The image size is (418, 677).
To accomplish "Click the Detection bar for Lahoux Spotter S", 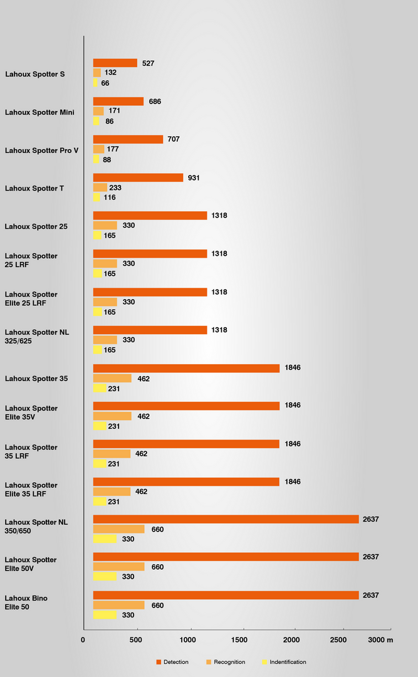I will pyautogui.click(x=115, y=63).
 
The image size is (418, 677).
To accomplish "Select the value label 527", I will pyautogui.click(x=148, y=63).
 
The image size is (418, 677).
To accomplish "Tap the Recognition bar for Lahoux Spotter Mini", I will pyautogui.click(x=98, y=111).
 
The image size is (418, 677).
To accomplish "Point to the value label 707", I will pyautogui.click(x=174, y=139).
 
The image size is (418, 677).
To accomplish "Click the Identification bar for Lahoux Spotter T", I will pyautogui.click(x=97, y=197).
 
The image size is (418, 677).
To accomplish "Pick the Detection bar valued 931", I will pyautogui.click(x=138, y=178).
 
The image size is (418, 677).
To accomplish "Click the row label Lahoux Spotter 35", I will pyautogui.click(x=36, y=379).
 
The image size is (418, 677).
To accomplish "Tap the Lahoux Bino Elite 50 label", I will pyautogui.click(x=26, y=602).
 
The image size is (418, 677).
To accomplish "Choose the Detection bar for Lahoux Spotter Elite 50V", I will pyautogui.click(x=226, y=557).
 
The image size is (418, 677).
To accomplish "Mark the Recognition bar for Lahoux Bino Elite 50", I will pyautogui.click(x=119, y=605).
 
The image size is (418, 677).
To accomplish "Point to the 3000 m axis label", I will pyautogui.click(x=380, y=639).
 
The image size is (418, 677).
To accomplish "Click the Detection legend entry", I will pyautogui.click(x=172, y=662).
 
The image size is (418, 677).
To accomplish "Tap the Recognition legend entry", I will pyautogui.click(x=226, y=662).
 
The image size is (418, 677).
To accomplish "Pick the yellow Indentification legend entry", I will pyautogui.click(x=284, y=662).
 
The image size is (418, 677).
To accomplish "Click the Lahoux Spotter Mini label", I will pyautogui.click(x=39, y=112).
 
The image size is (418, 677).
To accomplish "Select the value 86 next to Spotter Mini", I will pyautogui.click(x=110, y=121).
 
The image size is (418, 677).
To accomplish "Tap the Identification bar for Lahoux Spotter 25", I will pyautogui.click(x=97, y=236).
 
